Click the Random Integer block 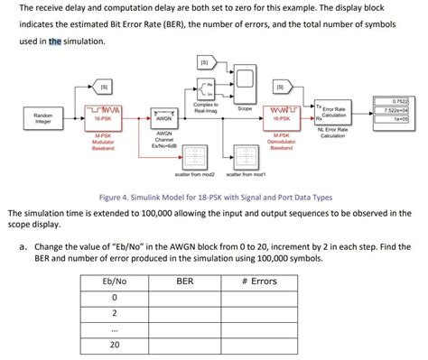click(x=43, y=118)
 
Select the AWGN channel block click(x=163, y=116)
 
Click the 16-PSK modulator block click(x=103, y=115)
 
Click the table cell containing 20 click(x=116, y=344)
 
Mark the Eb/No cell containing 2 click(x=116, y=312)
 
